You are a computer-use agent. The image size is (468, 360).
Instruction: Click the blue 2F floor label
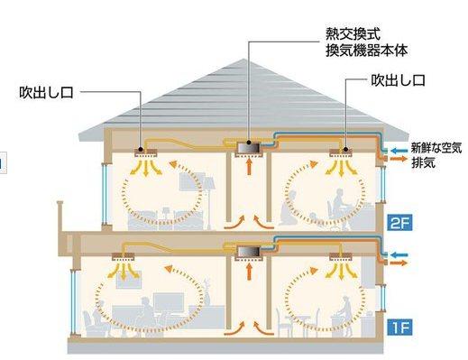(x=399, y=223)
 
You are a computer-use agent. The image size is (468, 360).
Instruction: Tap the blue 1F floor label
(x=399, y=328)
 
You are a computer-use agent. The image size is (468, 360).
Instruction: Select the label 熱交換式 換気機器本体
(x=367, y=42)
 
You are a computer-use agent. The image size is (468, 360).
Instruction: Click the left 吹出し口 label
(x=46, y=92)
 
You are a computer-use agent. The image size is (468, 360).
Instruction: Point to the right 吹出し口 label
(x=399, y=80)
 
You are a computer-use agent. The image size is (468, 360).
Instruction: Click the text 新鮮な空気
(x=436, y=148)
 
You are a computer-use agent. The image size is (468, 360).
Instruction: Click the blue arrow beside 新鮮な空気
(x=399, y=151)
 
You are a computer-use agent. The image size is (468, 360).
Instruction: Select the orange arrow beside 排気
(x=399, y=159)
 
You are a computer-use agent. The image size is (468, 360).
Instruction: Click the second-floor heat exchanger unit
(x=249, y=148)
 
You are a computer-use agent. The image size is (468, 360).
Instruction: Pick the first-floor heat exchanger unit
(x=249, y=252)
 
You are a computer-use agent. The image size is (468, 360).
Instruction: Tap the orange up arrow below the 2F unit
(x=249, y=166)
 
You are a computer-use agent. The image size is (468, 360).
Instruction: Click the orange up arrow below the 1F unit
(x=249, y=271)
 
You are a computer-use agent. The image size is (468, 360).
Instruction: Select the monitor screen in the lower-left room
(x=169, y=302)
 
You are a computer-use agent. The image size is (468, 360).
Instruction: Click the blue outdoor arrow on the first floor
(x=399, y=255)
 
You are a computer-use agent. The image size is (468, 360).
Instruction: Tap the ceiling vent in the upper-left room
(x=145, y=153)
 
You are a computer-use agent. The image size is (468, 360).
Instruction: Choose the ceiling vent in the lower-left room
(x=124, y=256)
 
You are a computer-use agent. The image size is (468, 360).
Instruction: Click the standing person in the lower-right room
(x=344, y=316)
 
